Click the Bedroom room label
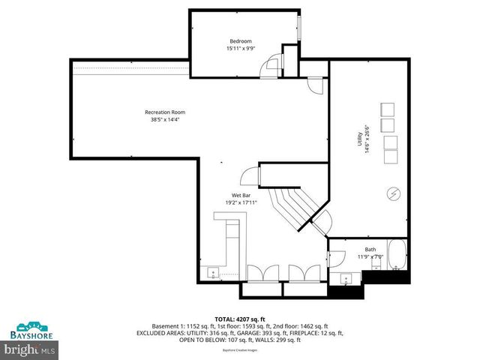tap(241, 40)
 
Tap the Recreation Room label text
tap(162, 112)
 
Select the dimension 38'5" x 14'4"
tap(162, 119)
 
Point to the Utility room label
tap(360, 139)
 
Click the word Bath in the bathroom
tap(370, 250)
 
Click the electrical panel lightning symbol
tap(393, 195)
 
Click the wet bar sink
tap(212, 271)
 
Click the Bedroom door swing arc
tap(268, 69)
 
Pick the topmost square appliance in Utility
tap(388, 108)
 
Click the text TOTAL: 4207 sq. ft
tap(239, 319)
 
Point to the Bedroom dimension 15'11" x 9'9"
tap(241, 48)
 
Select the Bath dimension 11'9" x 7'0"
tap(370, 256)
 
